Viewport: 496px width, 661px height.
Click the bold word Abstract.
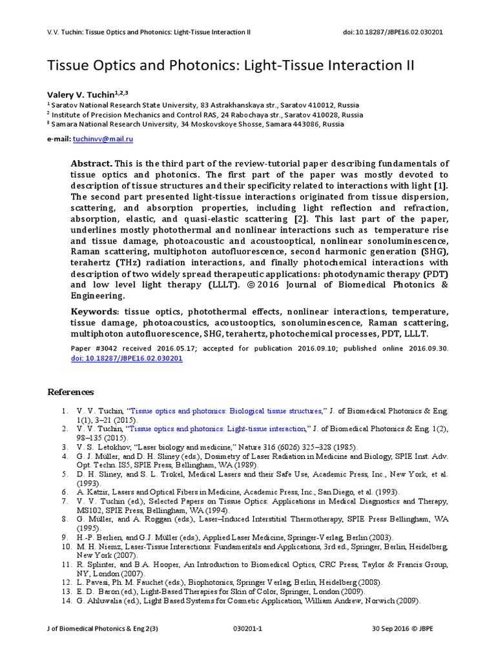[90, 164]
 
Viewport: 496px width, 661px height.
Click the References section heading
[71, 392]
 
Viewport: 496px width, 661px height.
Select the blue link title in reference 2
[218, 429]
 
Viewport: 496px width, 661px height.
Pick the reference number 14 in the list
[67, 600]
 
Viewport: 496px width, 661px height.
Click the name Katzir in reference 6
[97, 492]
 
